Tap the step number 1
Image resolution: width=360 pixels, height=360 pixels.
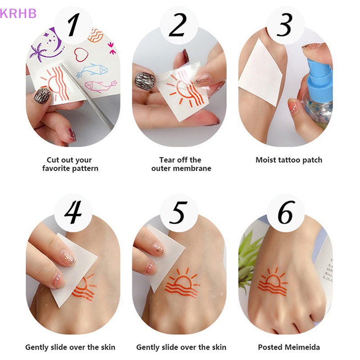(x=73, y=27)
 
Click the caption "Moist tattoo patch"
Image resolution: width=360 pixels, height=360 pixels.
(x=289, y=160)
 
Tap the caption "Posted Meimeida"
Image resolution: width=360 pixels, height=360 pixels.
(x=288, y=347)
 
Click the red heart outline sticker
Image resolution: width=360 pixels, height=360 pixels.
(x=81, y=55)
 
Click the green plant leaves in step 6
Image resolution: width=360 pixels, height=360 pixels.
(x=248, y=261)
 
